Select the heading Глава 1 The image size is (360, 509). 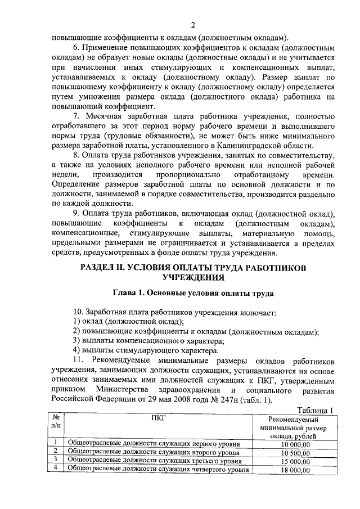[x=193, y=294]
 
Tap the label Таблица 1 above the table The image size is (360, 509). [x=315, y=410]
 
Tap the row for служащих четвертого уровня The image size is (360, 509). [x=159, y=470]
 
